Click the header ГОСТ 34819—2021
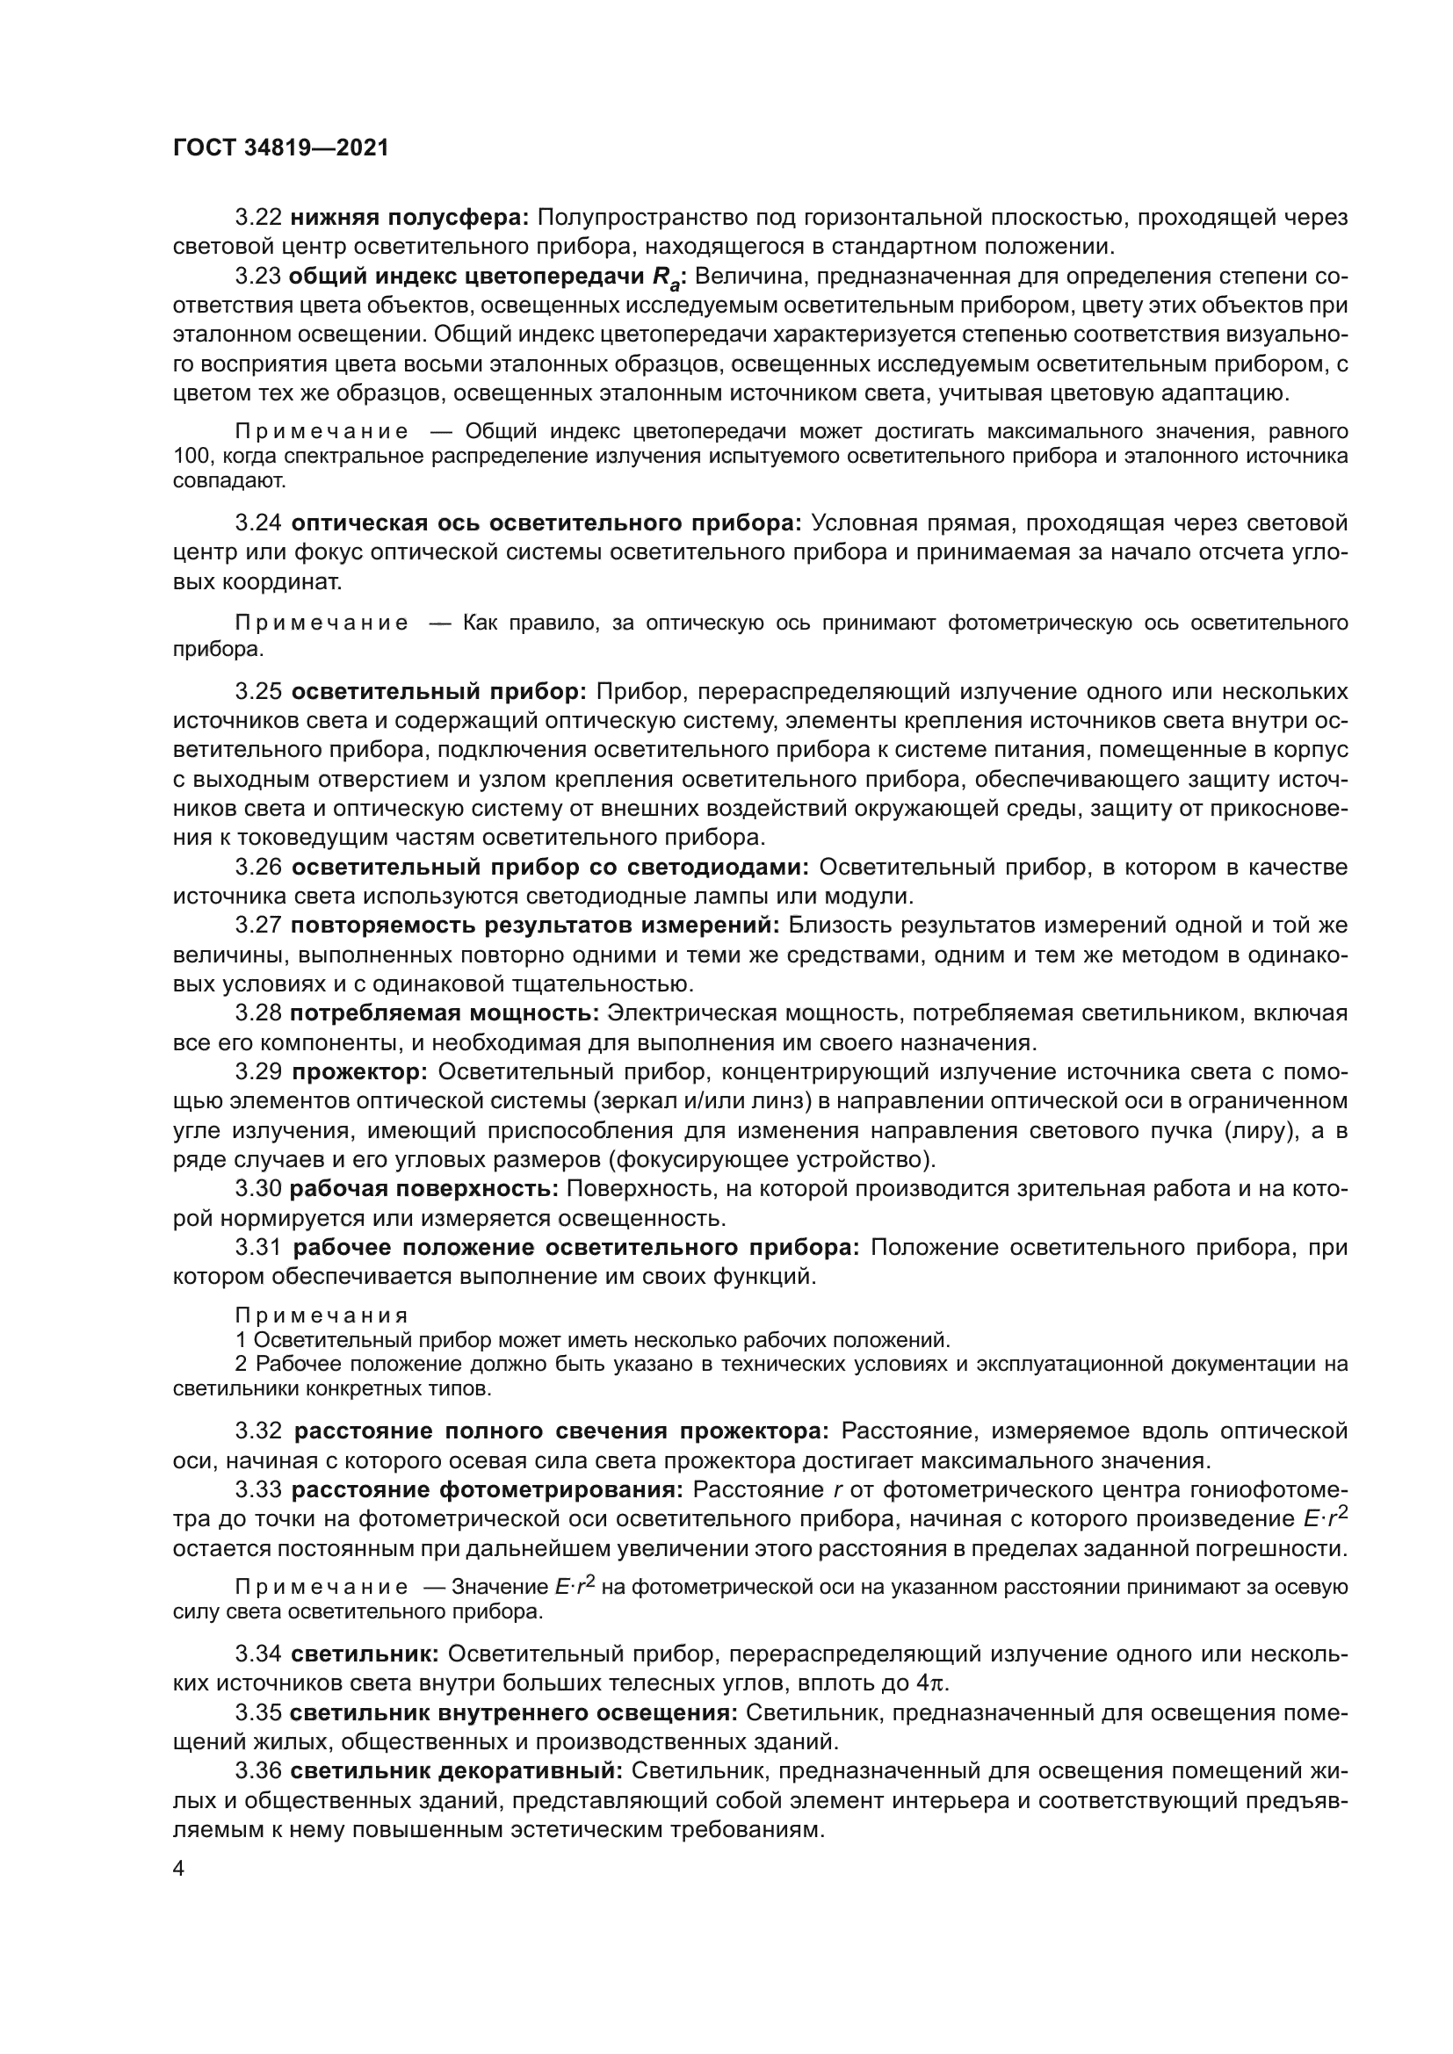pos(281,148)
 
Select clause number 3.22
pos(258,218)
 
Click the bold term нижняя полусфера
pos(410,218)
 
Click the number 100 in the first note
pos(190,458)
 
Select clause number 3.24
pos(258,523)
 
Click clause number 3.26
pos(258,867)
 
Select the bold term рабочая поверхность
pos(425,1189)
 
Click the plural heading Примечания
pos(322,1316)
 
